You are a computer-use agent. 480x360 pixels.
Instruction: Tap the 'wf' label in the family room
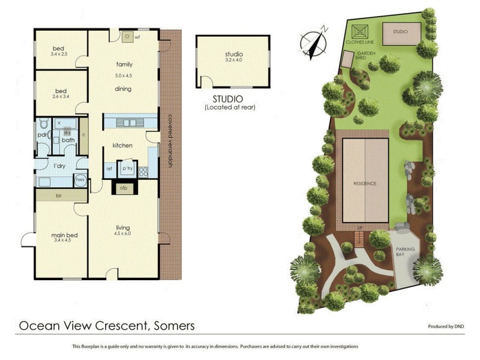137,37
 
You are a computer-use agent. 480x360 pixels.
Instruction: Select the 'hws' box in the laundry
80,179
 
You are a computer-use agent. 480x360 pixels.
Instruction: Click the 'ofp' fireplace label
124,188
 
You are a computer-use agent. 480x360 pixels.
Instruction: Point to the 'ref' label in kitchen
109,169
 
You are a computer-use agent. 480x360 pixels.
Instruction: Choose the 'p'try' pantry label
127,169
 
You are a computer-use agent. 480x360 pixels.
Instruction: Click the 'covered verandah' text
170,141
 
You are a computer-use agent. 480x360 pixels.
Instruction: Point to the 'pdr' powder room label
42,135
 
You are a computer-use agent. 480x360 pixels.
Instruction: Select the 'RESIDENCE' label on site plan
365,184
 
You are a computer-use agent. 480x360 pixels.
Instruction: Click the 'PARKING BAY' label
406,251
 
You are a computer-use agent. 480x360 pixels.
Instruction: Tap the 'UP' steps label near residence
360,229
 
